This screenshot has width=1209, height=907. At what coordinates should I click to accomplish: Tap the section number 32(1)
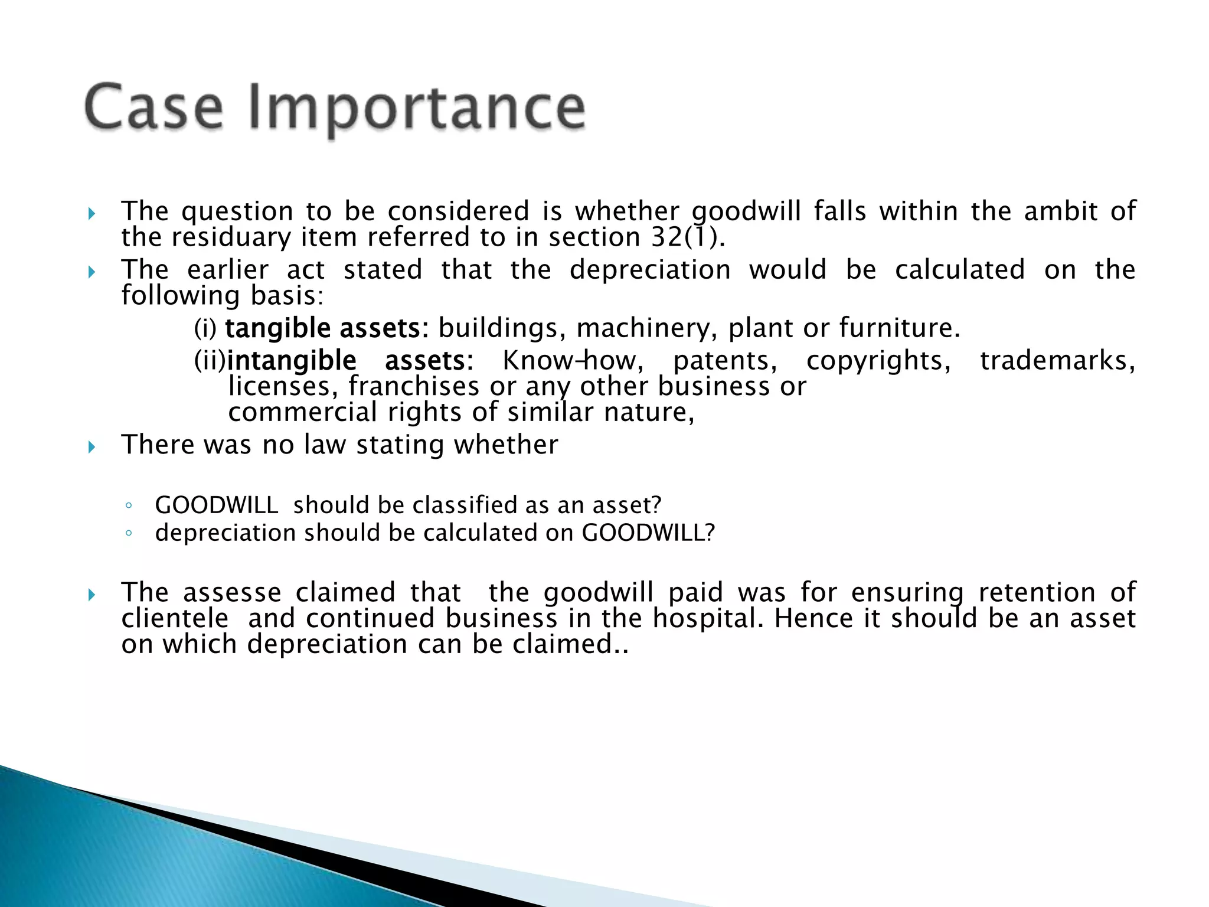[688, 237]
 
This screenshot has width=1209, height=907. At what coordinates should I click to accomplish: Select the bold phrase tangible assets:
[326, 328]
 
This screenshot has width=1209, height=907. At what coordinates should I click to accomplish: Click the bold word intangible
[292, 360]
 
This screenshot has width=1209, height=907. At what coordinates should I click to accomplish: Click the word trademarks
[1057, 360]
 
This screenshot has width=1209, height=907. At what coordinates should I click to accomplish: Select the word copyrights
[878, 360]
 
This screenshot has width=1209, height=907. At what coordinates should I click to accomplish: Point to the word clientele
[175, 618]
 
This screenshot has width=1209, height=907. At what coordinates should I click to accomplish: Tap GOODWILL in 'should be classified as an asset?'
[216, 505]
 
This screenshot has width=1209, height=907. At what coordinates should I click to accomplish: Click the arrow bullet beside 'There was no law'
[92, 447]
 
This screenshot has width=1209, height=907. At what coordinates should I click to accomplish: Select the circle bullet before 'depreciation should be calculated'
[128, 533]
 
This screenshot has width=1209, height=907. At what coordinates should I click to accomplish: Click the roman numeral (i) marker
[205, 328]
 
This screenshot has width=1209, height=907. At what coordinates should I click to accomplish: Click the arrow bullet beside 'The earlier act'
[92, 272]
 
